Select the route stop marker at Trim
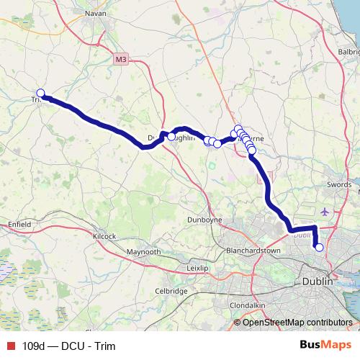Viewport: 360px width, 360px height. click(x=41, y=93)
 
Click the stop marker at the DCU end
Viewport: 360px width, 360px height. click(x=319, y=248)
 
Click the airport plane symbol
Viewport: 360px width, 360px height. click(x=323, y=212)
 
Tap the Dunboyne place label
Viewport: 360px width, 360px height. click(x=203, y=219)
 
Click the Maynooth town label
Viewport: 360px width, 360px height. click(x=143, y=253)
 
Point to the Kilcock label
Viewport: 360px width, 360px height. click(x=104, y=236)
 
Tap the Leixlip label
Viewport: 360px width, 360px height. click(x=197, y=268)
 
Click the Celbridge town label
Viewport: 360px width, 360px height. click(x=171, y=291)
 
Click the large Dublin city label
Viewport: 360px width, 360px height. click(x=318, y=282)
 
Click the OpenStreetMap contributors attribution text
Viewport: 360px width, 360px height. click(x=297, y=322)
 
